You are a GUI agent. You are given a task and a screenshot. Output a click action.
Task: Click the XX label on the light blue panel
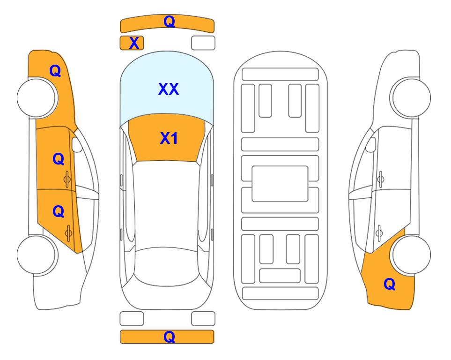[169, 89]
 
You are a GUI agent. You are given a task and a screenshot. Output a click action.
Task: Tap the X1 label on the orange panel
[169, 138]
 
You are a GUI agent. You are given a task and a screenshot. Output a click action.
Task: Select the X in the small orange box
[134, 43]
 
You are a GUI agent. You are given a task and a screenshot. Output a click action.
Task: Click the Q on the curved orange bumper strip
[169, 21]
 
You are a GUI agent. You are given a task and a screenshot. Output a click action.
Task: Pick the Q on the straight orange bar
[169, 337]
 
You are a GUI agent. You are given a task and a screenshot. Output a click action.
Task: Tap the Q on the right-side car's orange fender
[390, 284]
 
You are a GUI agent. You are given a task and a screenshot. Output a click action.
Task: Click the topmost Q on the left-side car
[55, 71]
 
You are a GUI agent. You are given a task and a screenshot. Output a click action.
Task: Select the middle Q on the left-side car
[59, 159]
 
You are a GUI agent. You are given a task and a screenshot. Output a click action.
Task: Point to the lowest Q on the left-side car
[59, 211]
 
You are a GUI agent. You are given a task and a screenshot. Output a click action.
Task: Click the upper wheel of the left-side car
[37, 98]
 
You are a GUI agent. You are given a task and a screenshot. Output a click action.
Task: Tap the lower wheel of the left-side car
[37, 255]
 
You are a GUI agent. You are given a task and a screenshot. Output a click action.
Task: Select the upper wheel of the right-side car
[411, 98]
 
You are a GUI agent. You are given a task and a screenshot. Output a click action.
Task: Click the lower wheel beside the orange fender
[411, 255]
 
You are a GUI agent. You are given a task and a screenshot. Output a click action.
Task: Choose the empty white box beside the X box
[203, 43]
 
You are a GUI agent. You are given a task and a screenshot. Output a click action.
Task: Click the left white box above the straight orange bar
[132, 319]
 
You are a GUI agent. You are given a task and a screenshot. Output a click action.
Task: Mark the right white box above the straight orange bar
[203, 319]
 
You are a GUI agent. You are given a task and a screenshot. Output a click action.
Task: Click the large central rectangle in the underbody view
[280, 184]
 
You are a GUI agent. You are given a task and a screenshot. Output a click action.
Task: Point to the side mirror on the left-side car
[76, 144]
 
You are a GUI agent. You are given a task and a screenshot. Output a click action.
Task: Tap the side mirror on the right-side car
[371, 144]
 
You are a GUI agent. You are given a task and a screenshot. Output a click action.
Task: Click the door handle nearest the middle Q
[67, 180]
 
